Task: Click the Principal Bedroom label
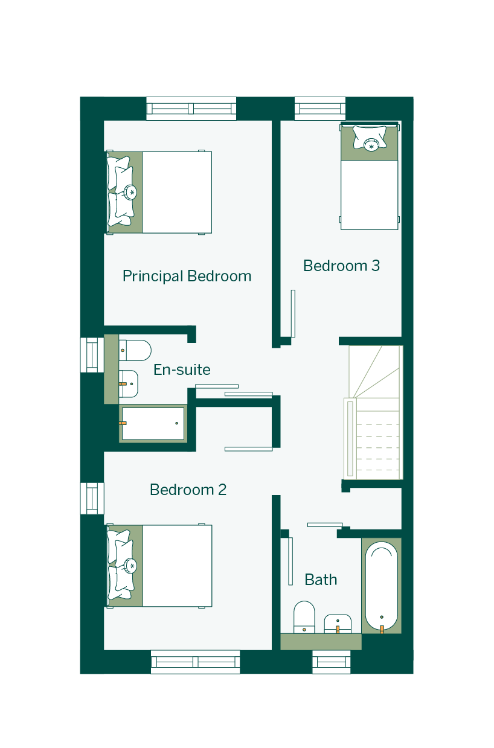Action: click(x=187, y=277)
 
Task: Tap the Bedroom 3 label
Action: click(x=341, y=266)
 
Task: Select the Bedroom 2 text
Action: click(x=188, y=490)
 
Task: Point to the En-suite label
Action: click(x=182, y=369)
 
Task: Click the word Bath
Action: click(x=321, y=580)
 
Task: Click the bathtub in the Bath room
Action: click(x=382, y=587)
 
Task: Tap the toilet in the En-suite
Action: click(x=135, y=350)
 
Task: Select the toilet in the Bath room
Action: click(x=304, y=617)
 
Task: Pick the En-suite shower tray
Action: click(x=153, y=423)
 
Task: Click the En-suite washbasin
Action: click(x=129, y=384)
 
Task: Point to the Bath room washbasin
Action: click(x=338, y=624)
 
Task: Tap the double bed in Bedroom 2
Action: click(x=159, y=566)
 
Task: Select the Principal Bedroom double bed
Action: click(x=159, y=193)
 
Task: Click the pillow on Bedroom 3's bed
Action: click(x=370, y=137)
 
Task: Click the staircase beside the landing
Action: click(x=373, y=412)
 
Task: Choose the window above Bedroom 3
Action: click(x=320, y=109)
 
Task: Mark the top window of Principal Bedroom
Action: click(x=191, y=109)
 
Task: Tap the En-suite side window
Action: click(x=92, y=355)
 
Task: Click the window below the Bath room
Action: click(x=332, y=662)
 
